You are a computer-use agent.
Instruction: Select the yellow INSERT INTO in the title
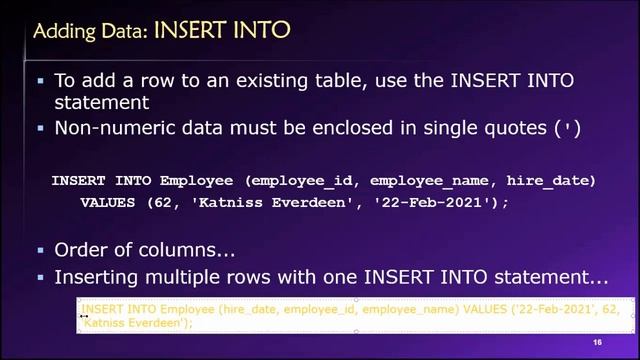[221, 32]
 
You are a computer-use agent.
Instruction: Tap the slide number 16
[597, 343]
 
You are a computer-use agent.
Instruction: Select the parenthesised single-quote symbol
[571, 128]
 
